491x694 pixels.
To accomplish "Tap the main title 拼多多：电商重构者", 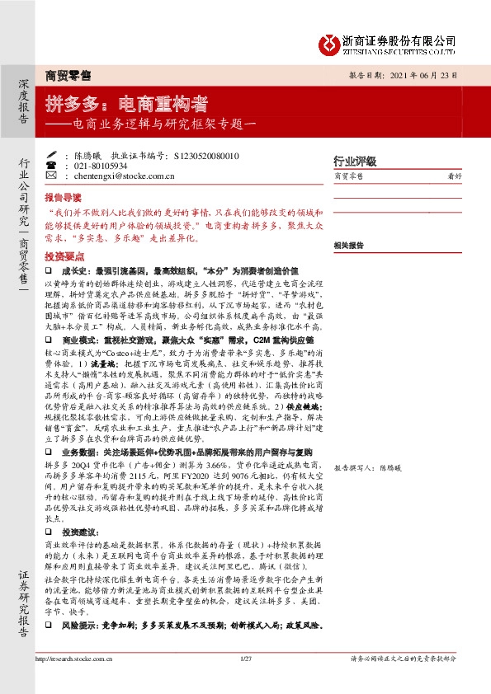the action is (125, 105).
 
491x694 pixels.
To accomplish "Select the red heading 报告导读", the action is (63, 199).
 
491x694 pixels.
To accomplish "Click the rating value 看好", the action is (453, 176).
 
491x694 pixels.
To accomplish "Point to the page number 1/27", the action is (244, 659).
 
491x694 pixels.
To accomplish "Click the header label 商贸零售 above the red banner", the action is (68, 76).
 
